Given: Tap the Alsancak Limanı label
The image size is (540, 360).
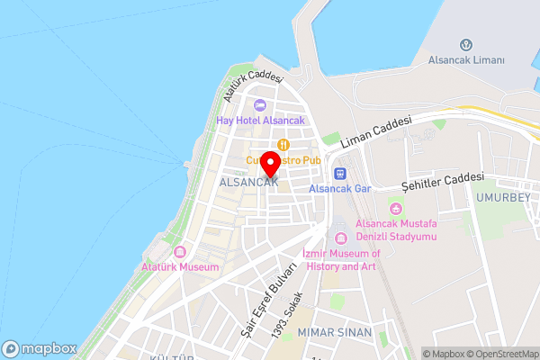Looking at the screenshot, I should click(x=465, y=59).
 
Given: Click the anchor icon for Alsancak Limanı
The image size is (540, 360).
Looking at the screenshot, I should click(x=466, y=45).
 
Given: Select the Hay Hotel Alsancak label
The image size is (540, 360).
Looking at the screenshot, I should click(x=260, y=121).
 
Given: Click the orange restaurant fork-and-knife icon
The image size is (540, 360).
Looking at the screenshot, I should click(x=283, y=144).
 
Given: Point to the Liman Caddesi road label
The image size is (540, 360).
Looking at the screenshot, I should click(x=376, y=131).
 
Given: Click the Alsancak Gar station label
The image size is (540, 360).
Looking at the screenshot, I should click(x=340, y=189).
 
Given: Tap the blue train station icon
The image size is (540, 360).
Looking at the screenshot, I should click(x=340, y=174).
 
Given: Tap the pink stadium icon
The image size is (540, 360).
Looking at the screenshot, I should click(x=396, y=209).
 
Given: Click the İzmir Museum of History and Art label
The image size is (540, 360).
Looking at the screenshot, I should click(x=341, y=260).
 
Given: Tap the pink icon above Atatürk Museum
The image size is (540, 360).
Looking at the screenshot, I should click(x=180, y=253).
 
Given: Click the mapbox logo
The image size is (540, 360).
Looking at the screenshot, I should click(x=39, y=348).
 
